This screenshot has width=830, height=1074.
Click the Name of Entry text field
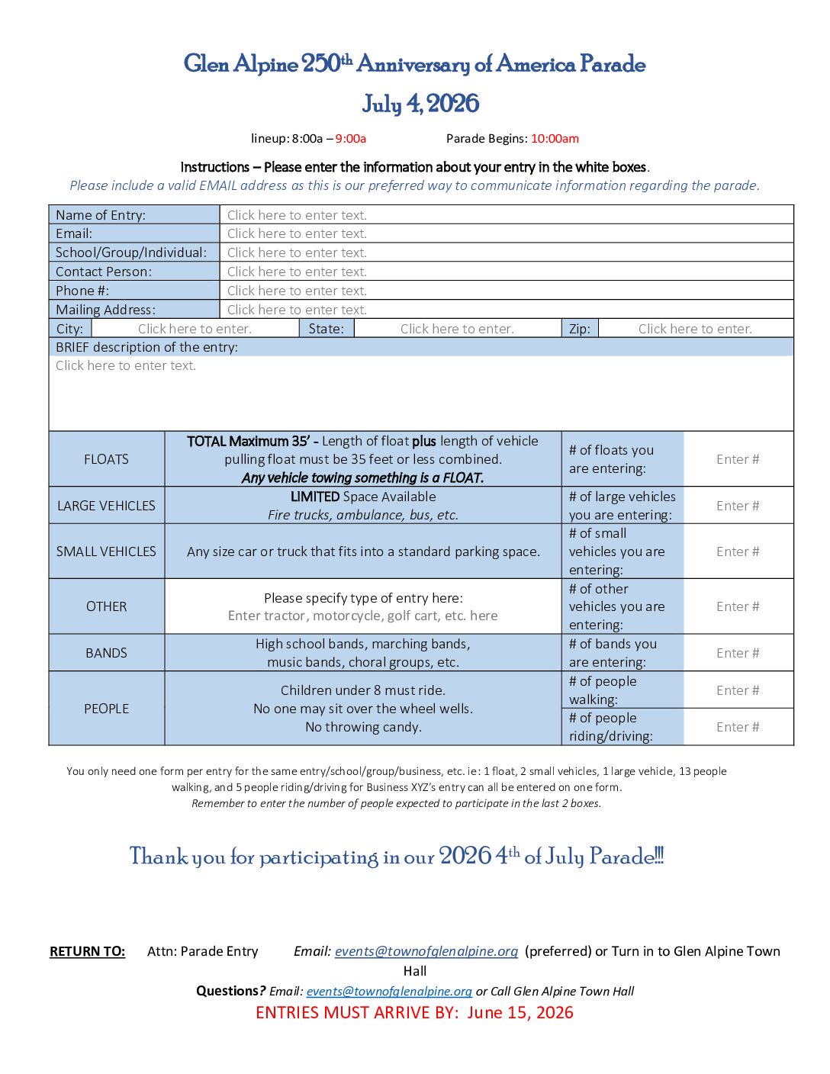point(507,215)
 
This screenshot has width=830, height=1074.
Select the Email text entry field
point(507,233)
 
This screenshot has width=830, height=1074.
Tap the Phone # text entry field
point(507,291)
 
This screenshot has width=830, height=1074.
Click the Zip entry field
point(695,329)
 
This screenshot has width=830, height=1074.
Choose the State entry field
point(457,329)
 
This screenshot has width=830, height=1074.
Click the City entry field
point(195,329)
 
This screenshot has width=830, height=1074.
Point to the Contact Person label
point(104,272)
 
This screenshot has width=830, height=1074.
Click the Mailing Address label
point(105,310)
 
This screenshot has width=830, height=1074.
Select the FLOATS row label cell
point(106,459)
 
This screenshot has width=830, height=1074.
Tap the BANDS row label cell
point(106,653)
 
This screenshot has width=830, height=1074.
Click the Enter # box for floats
point(738,459)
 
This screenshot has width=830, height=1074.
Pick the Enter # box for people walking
point(738,690)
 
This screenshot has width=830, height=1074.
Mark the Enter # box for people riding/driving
point(738,727)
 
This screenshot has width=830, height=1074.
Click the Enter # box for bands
point(738,653)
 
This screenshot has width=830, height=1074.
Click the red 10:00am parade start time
point(555,139)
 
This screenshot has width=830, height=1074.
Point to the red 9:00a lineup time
point(351,139)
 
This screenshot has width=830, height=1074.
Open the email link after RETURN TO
point(426,951)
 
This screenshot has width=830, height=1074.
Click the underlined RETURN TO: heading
point(87,951)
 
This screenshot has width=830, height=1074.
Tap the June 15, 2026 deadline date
point(520,1013)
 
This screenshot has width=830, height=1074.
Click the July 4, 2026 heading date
point(420,104)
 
